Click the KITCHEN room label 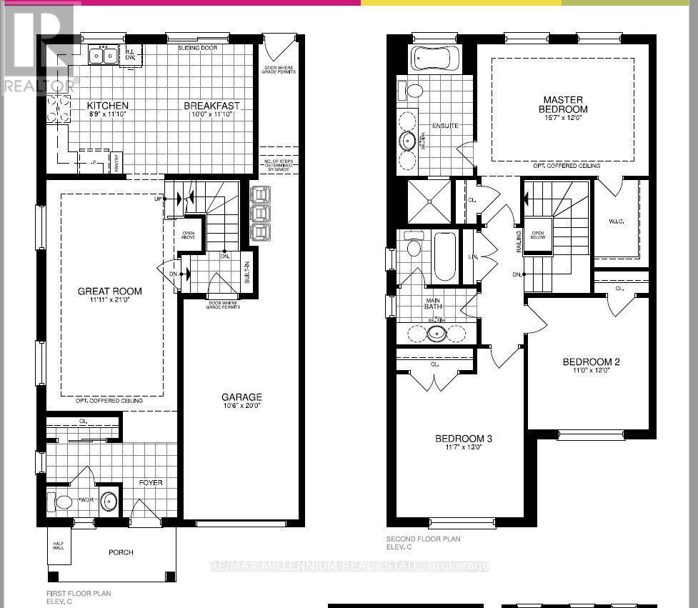98,106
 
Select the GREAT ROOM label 109,291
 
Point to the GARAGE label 241,397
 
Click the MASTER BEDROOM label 563,104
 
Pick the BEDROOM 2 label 591,362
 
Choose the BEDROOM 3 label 464,439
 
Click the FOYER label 151,483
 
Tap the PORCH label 121,552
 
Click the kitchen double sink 104,55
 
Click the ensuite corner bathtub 435,56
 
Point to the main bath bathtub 444,257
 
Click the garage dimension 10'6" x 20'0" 241,407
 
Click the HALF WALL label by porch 59,544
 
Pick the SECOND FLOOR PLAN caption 423,539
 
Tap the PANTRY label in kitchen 117,164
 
